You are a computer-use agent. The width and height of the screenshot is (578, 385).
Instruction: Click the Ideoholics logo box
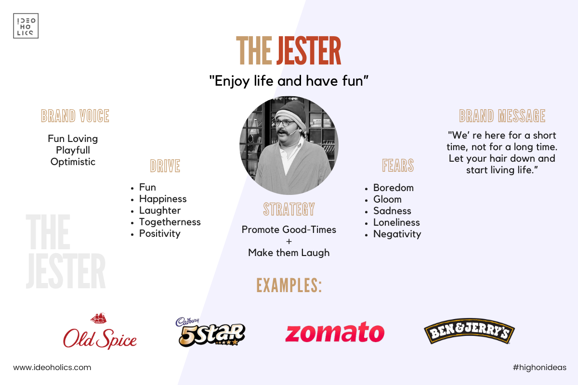click(x=26, y=26)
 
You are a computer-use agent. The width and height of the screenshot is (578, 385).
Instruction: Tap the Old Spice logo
click(x=100, y=332)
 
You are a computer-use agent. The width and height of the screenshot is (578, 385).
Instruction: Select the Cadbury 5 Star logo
click(x=210, y=332)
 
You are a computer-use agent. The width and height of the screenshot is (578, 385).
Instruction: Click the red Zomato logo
click(x=335, y=332)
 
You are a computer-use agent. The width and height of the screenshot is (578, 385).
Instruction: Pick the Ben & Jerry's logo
click(x=469, y=331)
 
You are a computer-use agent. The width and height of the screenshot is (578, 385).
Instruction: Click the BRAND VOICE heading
click(x=75, y=116)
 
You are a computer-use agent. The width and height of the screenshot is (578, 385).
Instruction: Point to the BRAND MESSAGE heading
click(x=502, y=116)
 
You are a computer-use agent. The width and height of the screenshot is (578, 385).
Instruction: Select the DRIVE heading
click(x=165, y=166)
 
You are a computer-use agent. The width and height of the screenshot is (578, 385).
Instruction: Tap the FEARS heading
click(x=398, y=165)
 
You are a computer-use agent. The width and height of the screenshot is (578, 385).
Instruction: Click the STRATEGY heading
click(x=289, y=209)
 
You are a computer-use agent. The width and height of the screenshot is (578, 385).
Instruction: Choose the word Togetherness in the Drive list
click(x=170, y=222)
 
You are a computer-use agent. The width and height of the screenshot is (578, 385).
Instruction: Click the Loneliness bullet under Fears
click(x=396, y=222)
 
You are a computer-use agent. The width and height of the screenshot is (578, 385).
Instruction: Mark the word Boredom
click(x=394, y=188)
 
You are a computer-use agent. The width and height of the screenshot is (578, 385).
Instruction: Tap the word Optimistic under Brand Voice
click(x=73, y=162)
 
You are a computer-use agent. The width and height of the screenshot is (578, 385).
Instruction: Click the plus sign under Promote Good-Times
click(x=289, y=242)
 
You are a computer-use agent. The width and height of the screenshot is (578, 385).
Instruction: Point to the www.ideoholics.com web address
click(x=52, y=368)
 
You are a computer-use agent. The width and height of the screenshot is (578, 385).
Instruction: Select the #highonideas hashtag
click(x=539, y=368)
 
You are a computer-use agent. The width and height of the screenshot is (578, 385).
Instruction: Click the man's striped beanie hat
click(x=291, y=114)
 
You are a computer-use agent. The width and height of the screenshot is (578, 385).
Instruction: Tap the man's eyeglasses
click(x=285, y=123)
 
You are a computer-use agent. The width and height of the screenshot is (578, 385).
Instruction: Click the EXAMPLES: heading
click(x=289, y=285)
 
